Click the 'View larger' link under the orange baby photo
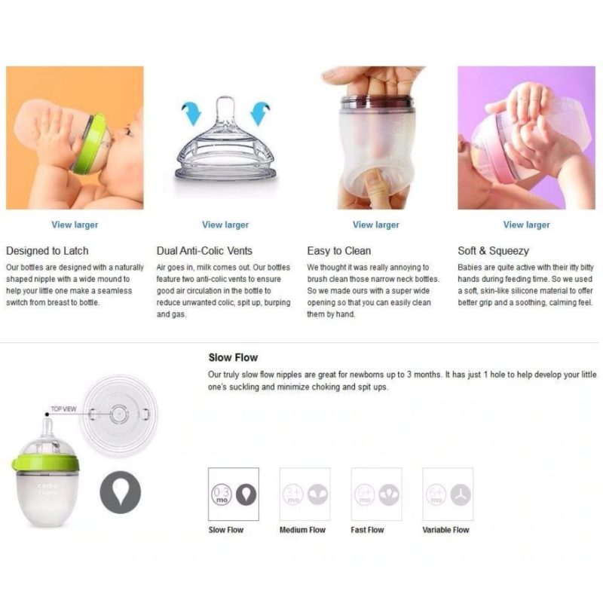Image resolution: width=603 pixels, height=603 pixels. click(x=75, y=225)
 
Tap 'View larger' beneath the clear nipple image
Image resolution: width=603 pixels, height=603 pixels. click(x=225, y=225)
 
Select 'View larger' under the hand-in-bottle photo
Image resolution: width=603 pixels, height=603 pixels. click(x=376, y=225)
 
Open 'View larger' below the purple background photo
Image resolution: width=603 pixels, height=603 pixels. click(x=526, y=225)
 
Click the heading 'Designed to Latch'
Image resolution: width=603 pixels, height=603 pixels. click(x=47, y=251)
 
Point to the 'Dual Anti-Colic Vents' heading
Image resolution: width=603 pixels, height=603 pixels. click(x=204, y=251)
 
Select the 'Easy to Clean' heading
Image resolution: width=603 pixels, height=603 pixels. click(x=338, y=251)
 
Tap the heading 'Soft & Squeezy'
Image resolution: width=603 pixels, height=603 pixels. click(x=494, y=251)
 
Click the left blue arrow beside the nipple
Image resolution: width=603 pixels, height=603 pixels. click(x=192, y=113)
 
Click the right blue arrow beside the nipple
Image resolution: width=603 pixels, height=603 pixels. click(x=259, y=113)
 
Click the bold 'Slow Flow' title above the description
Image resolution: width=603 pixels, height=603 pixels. click(x=233, y=357)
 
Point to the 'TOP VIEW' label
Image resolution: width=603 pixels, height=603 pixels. click(x=63, y=409)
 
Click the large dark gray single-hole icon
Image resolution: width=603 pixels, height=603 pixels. click(x=121, y=492)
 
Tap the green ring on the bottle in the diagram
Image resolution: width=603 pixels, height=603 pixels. click(x=45, y=463)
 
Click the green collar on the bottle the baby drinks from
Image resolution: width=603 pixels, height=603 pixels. click(x=88, y=143)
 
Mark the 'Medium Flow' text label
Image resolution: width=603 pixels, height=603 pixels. click(x=303, y=530)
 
